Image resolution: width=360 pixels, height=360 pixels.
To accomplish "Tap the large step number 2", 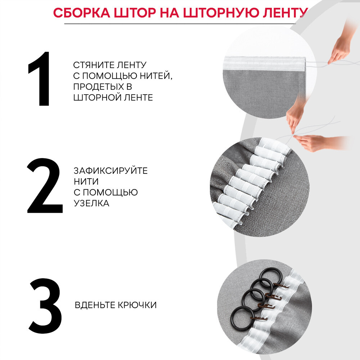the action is point(45,185).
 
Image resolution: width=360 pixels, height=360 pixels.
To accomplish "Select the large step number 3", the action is point(45,306).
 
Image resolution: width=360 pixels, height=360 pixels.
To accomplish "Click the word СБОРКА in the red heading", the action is point(82,13).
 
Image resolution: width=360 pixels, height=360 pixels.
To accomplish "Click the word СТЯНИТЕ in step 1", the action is point(93,65).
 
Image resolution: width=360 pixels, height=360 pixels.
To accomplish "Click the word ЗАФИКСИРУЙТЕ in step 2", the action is point(111,171).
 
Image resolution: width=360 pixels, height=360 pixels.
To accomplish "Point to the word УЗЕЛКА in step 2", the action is point(91,203).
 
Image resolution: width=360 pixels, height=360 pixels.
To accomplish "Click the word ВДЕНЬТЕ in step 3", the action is point(95,305).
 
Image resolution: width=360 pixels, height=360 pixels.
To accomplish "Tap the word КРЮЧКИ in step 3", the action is point(137,305).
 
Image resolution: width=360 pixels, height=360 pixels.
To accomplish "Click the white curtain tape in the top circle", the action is point(264,63).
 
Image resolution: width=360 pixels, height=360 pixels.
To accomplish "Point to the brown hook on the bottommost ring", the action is point(259,318).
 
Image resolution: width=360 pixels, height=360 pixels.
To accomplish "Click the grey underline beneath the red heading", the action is point(180,24).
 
